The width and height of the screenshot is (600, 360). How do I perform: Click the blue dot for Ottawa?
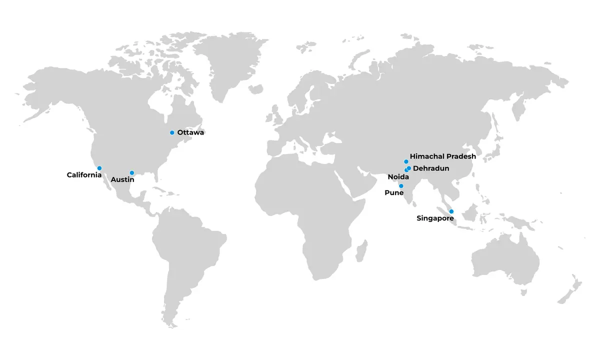172,132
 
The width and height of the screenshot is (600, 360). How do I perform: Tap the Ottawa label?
190,132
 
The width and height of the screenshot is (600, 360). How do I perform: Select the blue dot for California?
99,168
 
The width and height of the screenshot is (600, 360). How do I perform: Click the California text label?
84,175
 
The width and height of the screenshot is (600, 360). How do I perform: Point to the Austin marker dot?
132,173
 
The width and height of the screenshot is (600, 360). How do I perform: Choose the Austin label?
122,179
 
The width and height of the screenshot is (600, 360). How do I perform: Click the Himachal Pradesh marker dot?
406,161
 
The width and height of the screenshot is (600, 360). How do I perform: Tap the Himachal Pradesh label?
442,156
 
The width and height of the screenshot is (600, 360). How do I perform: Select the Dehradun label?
431,168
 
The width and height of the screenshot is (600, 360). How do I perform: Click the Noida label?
398,177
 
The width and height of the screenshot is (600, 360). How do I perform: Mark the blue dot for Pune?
401,186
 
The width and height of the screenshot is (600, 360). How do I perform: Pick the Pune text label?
394,192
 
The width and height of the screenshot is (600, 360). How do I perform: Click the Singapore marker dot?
451,211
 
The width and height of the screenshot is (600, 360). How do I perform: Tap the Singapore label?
435,218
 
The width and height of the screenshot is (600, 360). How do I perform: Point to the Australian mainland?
505,260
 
